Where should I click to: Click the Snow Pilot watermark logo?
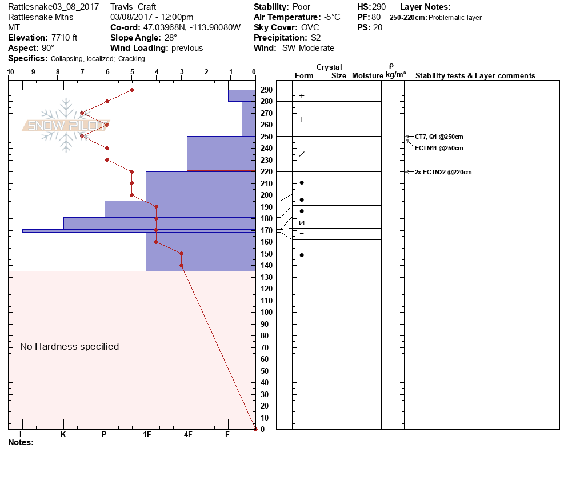click(66, 125)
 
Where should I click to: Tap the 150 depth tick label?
click(266, 254)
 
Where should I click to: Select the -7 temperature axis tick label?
click(82, 72)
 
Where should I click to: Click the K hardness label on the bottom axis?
click(63, 434)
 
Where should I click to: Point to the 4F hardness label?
click(187, 434)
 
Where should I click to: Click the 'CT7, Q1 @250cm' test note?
click(439, 137)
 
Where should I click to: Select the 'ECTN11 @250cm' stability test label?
click(439, 148)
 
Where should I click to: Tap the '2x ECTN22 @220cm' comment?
click(443, 171)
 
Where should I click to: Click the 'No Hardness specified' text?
click(69, 346)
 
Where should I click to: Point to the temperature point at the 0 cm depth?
click(255, 429)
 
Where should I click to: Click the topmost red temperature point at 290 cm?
click(131, 90)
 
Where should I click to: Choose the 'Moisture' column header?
click(367, 75)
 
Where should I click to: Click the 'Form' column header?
click(304, 75)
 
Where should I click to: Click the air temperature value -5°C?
click(329, 17)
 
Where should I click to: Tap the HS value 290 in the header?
click(379, 7)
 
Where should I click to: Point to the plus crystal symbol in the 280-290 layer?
click(302, 96)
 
